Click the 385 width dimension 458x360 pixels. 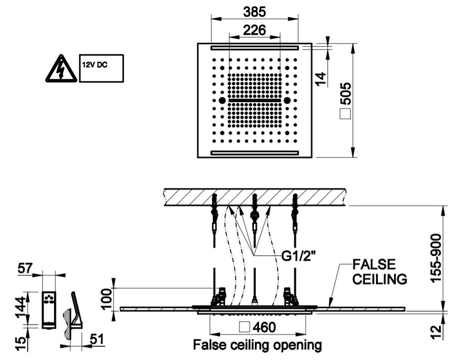pyautogui.click(x=255, y=12)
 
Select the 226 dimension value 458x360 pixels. pyautogui.click(x=255, y=30)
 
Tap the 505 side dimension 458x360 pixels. pyautogui.click(x=347, y=93)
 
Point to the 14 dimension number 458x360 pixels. pyautogui.click(x=321, y=79)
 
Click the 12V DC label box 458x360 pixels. pyautogui.click(x=102, y=68)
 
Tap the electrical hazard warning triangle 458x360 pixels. pyautogui.click(x=61, y=68)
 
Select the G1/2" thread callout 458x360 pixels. pyautogui.click(x=298, y=256)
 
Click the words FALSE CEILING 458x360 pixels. pyautogui.click(x=380, y=272)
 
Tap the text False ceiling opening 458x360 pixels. pyautogui.click(x=257, y=345)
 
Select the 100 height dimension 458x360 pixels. pyautogui.click(x=107, y=299)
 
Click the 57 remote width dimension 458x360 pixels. pyautogui.click(x=25, y=268)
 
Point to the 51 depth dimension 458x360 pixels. pyautogui.click(x=97, y=339)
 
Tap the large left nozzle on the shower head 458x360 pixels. pyautogui.click(x=222, y=101)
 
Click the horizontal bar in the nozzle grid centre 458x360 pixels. pyautogui.click(x=254, y=101)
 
